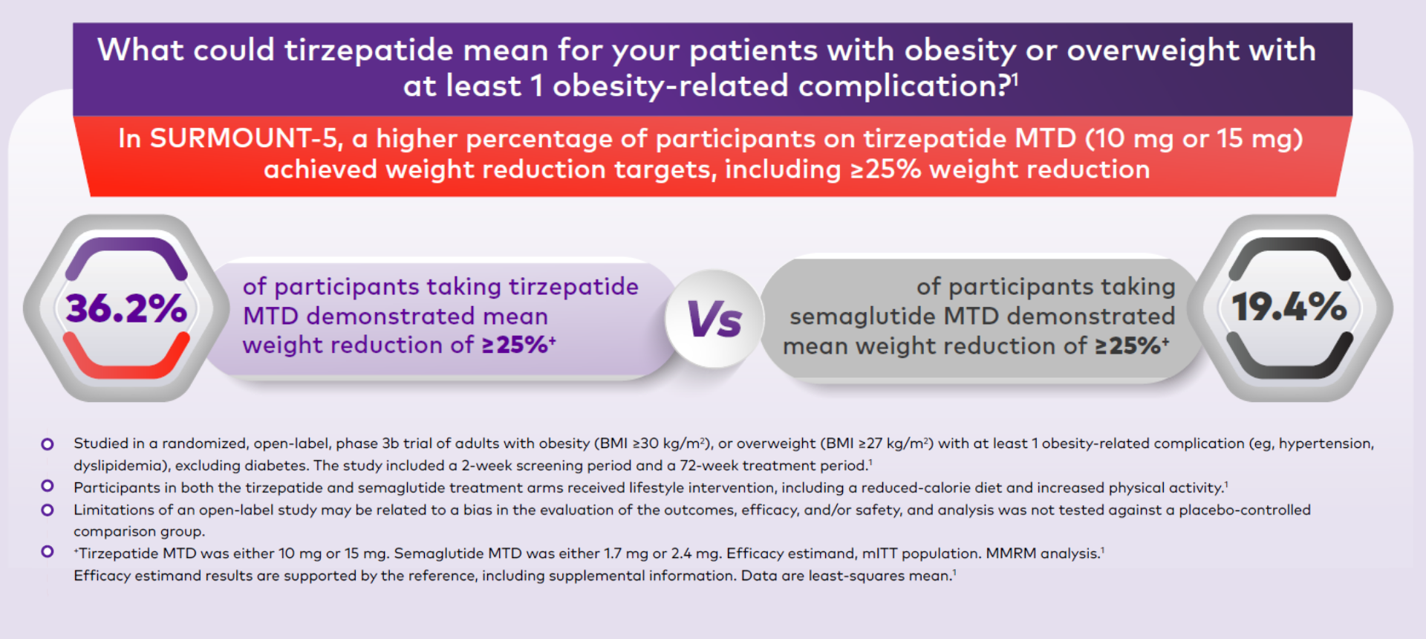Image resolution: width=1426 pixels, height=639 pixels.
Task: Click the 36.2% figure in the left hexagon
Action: [x=126, y=308]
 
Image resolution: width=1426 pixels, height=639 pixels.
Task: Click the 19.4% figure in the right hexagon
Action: [x=1289, y=307]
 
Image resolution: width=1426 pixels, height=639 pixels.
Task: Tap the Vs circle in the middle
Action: [x=714, y=319]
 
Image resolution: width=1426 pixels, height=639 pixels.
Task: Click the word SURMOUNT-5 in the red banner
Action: [x=244, y=139]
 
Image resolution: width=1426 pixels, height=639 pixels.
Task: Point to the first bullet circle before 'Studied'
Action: [x=48, y=444]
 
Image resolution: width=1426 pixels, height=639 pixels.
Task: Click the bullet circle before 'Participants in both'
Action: [x=48, y=486]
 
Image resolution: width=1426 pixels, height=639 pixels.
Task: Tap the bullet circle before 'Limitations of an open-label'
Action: [x=48, y=510]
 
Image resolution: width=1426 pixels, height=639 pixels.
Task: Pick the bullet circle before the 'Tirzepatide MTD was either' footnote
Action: [x=48, y=551]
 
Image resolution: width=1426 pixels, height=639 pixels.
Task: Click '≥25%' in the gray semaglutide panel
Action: [x=1128, y=346]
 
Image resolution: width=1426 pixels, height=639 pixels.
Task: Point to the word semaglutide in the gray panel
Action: [x=862, y=317]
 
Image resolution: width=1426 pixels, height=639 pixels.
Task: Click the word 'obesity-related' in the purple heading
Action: [x=670, y=86]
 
